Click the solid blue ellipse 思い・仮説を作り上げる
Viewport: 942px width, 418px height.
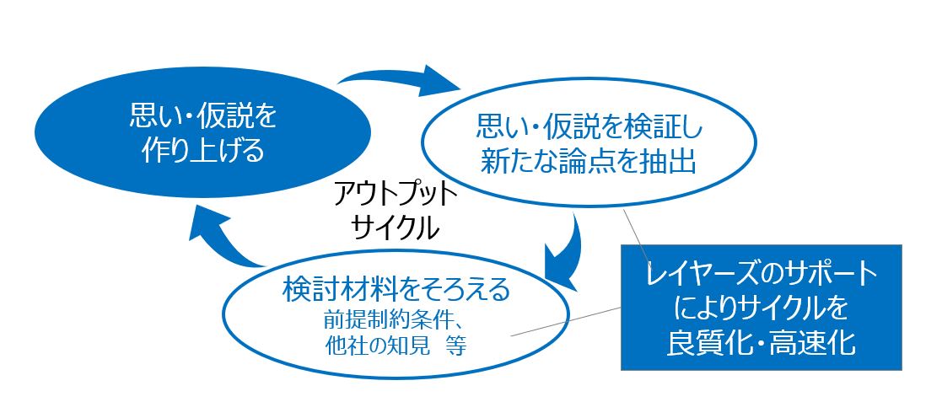(x=202, y=131)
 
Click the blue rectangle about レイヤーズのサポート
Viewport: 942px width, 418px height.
(x=762, y=307)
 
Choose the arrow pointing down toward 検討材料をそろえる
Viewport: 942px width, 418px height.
(x=565, y=252)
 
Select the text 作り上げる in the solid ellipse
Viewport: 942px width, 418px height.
(x=203, y=152)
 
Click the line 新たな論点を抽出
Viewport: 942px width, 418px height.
(x=588, y=162)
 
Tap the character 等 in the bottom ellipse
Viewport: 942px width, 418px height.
(x=456, y=346)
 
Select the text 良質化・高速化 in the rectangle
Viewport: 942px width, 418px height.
(x=762, y=342)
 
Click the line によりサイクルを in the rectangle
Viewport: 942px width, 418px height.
(x=762, y=308)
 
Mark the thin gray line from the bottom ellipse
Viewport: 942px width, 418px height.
(x=566, y=321)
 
